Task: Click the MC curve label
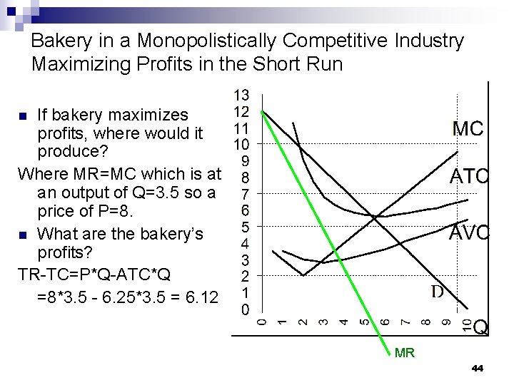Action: point(468,129)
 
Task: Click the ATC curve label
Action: point(468,176)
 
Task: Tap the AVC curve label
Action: point(468,233)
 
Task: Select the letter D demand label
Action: point(437,291)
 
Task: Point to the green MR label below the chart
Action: point(404,353)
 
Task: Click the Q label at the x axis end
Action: point(481,327)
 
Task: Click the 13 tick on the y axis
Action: point(243,95)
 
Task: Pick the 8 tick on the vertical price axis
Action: point(243,178)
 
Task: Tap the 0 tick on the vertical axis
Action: point(243,310)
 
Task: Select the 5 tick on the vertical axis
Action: point(243,227)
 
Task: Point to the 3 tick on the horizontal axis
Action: point(323,322)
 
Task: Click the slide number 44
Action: point(478,369)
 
